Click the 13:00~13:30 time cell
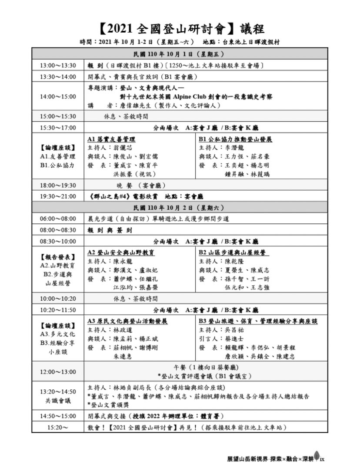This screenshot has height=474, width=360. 58,66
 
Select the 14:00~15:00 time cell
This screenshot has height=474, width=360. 58,96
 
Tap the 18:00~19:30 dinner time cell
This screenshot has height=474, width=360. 58,185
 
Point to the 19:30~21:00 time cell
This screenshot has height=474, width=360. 58,196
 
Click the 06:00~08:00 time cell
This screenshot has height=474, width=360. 58,219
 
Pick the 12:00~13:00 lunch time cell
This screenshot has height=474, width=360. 58,372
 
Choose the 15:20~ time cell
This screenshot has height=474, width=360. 58,428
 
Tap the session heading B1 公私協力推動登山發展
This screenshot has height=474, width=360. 235,139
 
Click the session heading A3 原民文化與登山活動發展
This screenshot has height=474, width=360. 127,321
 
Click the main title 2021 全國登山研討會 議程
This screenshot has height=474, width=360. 180,29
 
